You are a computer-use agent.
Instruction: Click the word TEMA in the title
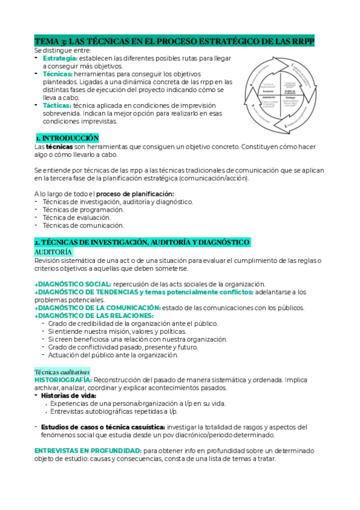44,41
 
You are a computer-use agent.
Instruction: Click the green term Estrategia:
59,58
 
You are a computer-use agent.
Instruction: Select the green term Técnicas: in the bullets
57,74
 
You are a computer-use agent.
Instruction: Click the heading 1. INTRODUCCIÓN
66,138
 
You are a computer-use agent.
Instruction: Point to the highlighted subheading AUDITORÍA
53,251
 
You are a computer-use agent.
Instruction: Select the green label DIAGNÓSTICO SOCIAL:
73,283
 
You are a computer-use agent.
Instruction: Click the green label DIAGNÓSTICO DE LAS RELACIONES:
94,315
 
